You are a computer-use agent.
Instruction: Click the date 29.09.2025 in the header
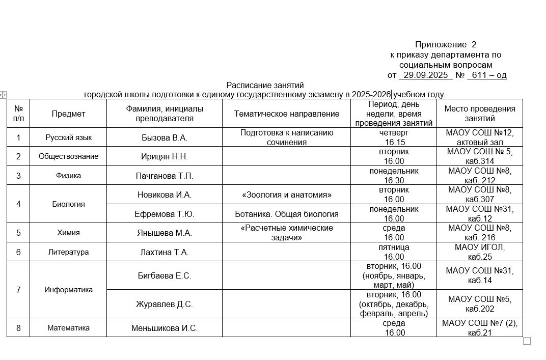(x=426, y=75)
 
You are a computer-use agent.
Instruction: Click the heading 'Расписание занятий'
(x=265, y=85)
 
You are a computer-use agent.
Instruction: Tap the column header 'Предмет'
(x=68, y=114)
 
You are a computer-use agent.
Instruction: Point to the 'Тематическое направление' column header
(x=286, y=114)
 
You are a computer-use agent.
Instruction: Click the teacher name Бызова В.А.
(x=165, y=137)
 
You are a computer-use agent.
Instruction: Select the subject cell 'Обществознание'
(x=68, y=156)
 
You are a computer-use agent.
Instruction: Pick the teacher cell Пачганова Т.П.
(x=165, y=176)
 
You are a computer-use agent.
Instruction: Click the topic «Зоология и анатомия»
(x=286, y=195)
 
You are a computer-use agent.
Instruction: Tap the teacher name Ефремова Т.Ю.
(x=165, y=214)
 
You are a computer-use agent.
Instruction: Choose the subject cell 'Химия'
(x=68, y=233)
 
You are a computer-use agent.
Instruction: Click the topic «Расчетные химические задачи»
(x=286, y=233)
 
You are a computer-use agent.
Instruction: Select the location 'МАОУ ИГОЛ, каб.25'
(x=480, y=252)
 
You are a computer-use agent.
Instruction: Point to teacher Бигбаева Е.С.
(x=165, y=275)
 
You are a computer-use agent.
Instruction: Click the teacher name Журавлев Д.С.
(x=165, y=304)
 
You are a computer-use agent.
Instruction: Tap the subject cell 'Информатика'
(x=68, y=290)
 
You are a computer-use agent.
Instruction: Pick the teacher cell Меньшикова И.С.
(x=165, y=328)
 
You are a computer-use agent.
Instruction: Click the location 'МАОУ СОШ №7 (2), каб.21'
(x=480, y=328)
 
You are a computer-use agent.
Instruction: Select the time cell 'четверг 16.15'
(x=394, y=137)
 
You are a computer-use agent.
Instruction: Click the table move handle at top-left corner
(x=3, y=94)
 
